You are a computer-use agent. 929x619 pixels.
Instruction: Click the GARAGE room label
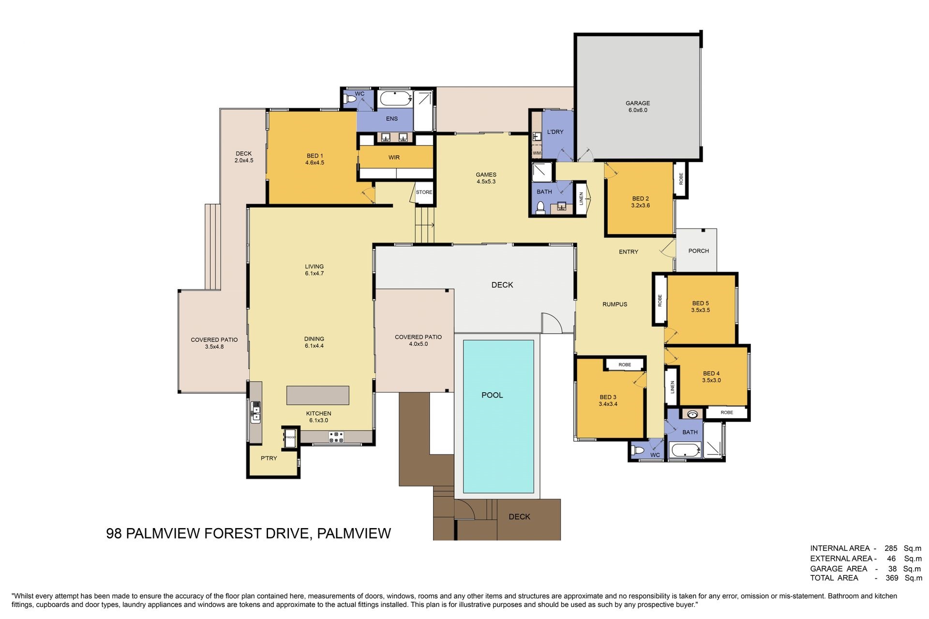pyautogui.click(x=637, y=103)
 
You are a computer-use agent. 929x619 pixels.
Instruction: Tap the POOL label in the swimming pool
pyautogui.click(x=492, y=395)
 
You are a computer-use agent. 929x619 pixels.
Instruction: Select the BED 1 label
pyautogui.click(x=315, y=156)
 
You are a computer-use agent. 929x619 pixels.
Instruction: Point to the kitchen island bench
pyautogui.click(x=318, y=395)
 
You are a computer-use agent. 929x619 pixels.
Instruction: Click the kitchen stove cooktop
pyautogui.click(x=336, y=437)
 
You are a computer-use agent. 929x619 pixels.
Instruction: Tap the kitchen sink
pyautogui.click(x=255, y=413)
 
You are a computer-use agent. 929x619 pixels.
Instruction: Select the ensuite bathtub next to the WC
pyautogui.click(x=395, y=99)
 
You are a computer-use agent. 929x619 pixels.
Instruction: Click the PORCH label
pyautogui.click(x=698, y=251)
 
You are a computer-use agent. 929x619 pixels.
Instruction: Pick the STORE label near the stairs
pyautogui.click(x=424, y=192)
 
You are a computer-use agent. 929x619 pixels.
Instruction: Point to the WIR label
pyautogui.click(x=394, y=158)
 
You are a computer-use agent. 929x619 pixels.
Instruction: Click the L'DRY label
pyautogui.click(x=555, y=132)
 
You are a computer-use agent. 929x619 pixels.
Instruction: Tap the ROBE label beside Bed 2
pyautogui.click(x=681, y=179)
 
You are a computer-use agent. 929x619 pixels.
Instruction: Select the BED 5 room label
pyautogui.click(x=700, y=304)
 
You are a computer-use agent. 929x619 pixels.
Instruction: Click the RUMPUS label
pyautogui.click(x=614, y=305)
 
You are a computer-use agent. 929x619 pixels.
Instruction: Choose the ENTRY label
pyautogui.click(x=629, y=252)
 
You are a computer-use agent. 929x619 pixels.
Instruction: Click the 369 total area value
pyautogui.click(x=892, y=578)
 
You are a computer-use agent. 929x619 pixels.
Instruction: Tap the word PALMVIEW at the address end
pyautogui.click(x=354, y=533)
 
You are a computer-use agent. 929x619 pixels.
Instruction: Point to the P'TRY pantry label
pyautogui.click(x=269, y=458)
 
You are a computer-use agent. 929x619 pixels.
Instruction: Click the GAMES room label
pyautogui.click(x=486, y=175)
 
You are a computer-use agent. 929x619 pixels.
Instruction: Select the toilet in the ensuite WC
pyautogui.click(x=349, y=100)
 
